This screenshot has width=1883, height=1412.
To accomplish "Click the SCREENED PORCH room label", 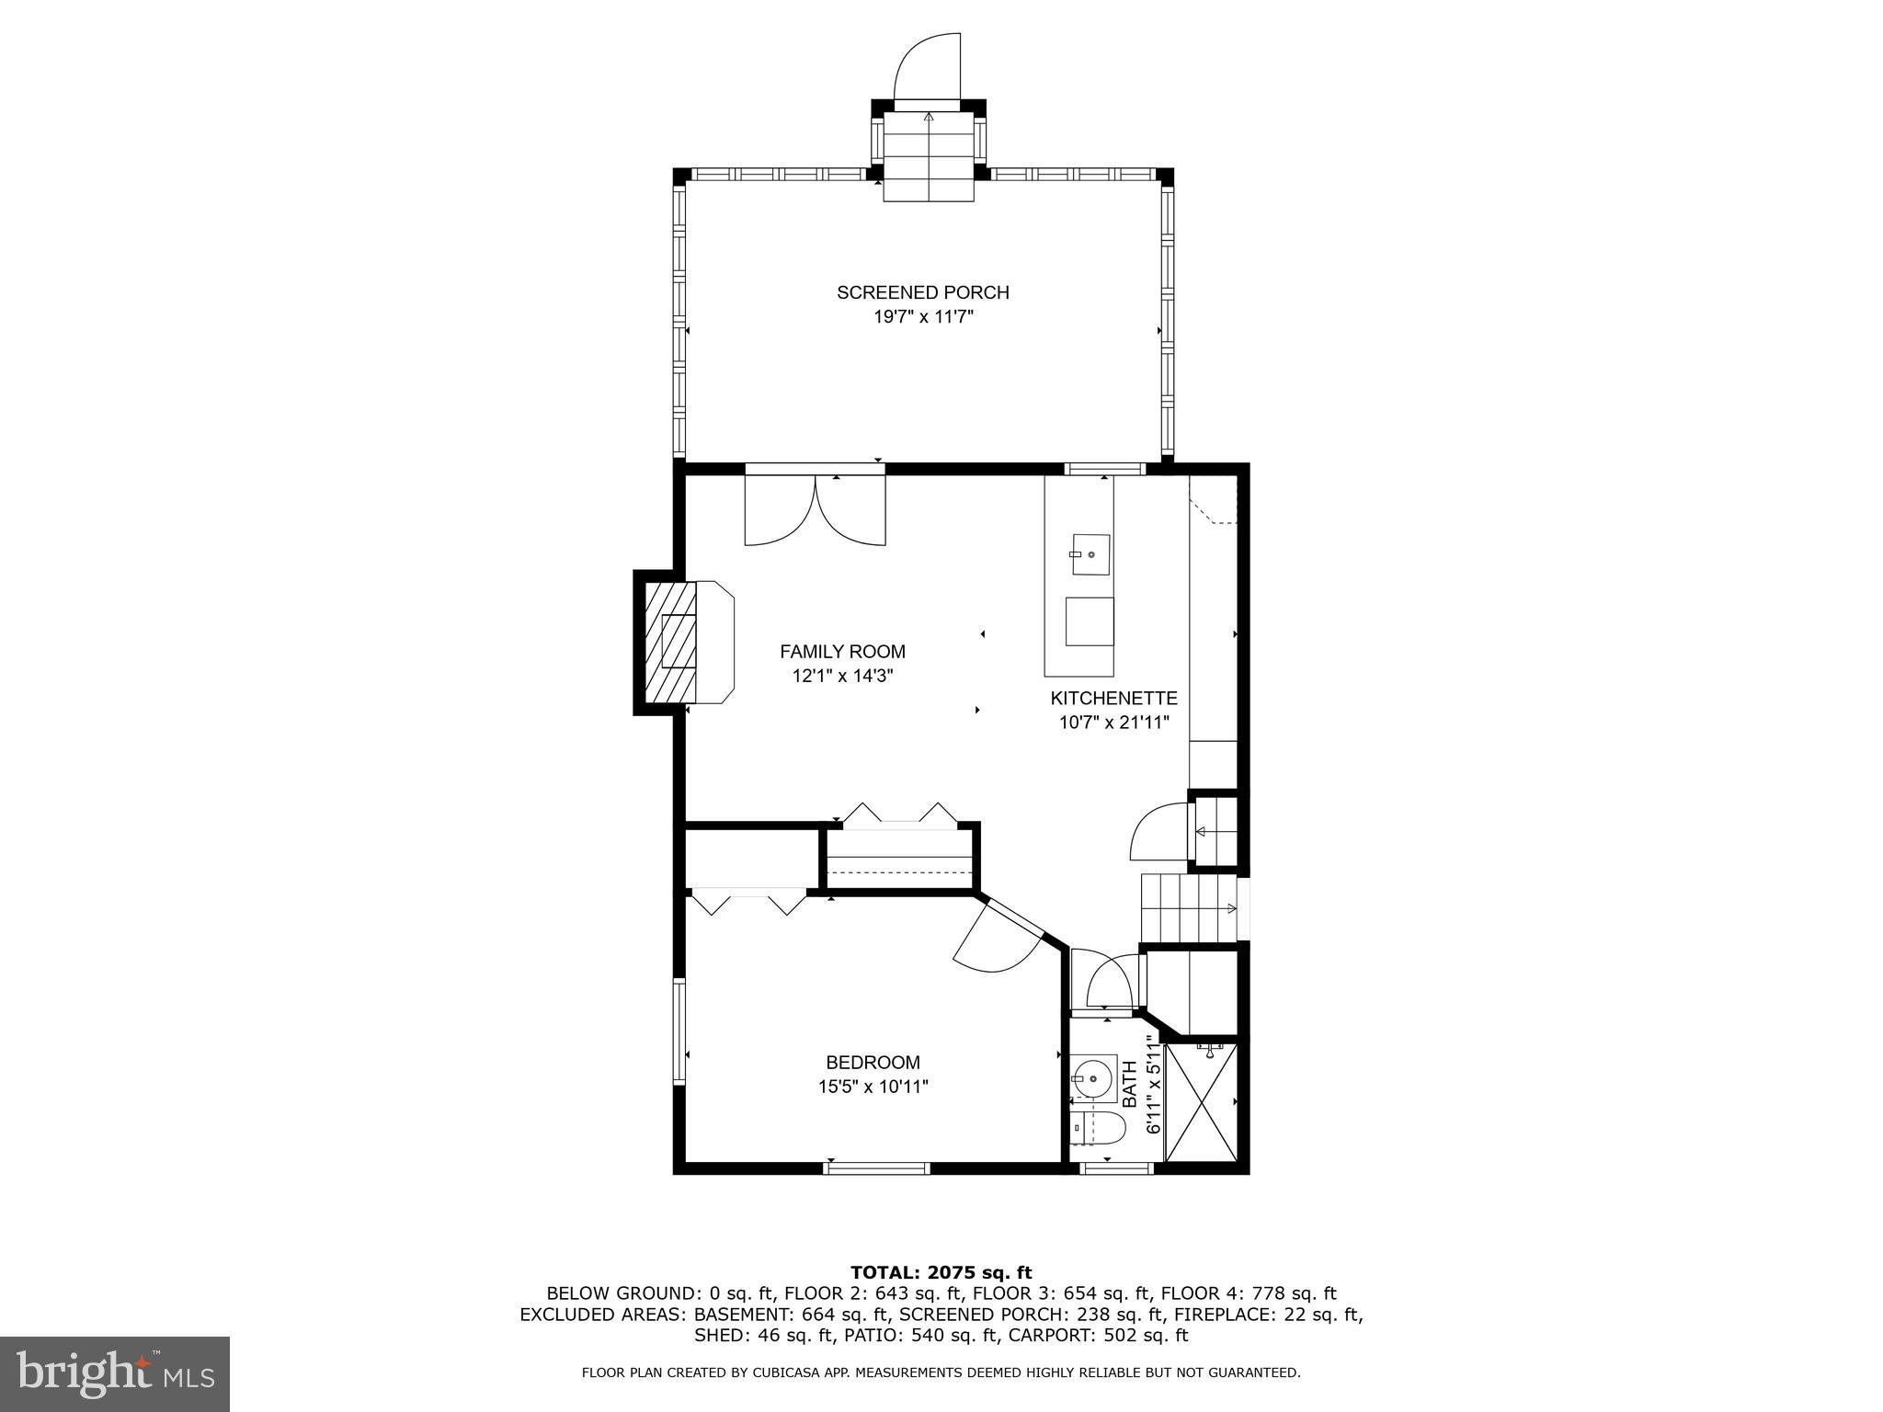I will click(x=922, y=292).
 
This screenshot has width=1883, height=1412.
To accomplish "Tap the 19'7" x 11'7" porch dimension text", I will click(x=922, y=317).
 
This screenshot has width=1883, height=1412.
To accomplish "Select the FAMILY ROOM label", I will click(x=842, y=652).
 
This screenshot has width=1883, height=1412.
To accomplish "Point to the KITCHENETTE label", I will click(x=1113, y=698).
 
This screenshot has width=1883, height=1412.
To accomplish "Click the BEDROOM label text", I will click(x=873, y=1063).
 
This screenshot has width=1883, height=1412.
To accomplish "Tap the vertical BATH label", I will click(x=1130, y=1083).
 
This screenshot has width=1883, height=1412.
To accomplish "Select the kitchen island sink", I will click(x=1090, y=554).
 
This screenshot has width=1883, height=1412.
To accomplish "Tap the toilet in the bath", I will click(x=1099, y=1129).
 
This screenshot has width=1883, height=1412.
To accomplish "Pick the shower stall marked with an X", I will click(x=1200, y=1103).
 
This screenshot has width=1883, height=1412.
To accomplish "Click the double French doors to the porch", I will click(x=815, y=510).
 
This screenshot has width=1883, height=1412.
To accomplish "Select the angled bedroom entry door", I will click(x=998, y=940).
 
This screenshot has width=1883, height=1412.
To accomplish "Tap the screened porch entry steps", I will click(x=929, y=156).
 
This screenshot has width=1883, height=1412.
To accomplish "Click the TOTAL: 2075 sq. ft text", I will click(x=941, y=1273).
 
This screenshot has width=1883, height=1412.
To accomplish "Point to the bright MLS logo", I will click(x=115, y=1373).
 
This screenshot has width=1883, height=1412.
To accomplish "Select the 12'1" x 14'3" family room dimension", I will click(x=842, y=676).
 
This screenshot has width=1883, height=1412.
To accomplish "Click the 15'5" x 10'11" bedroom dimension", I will click(x=873, y=1087).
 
